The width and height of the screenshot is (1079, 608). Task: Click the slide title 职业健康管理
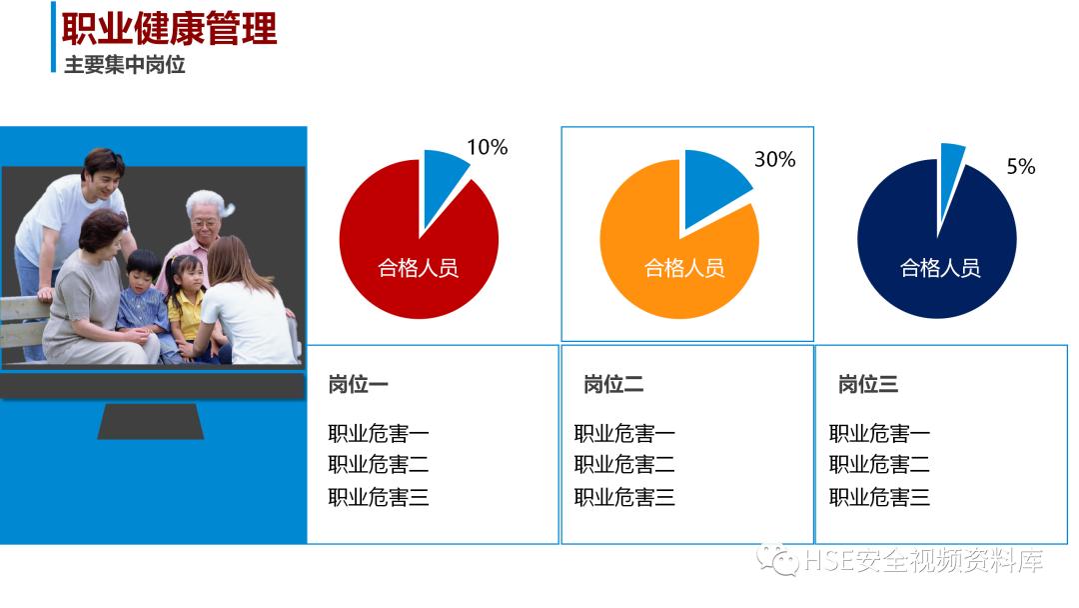(169, 28)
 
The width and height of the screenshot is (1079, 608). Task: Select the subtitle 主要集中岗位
(125, 67)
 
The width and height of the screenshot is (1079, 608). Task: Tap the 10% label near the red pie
(487, 148)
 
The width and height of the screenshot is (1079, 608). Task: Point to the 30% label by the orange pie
(774, 159)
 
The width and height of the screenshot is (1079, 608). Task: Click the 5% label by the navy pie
(1020, 167)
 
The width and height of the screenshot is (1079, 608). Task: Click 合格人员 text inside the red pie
(418, 268)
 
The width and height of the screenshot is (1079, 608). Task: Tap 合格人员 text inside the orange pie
(684, 268)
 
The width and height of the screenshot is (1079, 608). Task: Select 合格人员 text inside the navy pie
(940, 268)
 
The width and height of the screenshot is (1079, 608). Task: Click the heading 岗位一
(359, 384)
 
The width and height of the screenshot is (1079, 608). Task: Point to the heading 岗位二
(613, 384)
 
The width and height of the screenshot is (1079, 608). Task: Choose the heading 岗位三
(868, 384)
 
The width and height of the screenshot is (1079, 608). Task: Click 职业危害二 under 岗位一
(379, 465)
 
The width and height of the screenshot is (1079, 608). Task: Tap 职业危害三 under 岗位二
(624, 497)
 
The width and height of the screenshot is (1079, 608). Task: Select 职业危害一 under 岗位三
(879, 434)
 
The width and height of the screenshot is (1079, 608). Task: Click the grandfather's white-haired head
(205, 213)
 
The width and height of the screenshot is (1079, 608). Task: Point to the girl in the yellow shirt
(186, 300)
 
